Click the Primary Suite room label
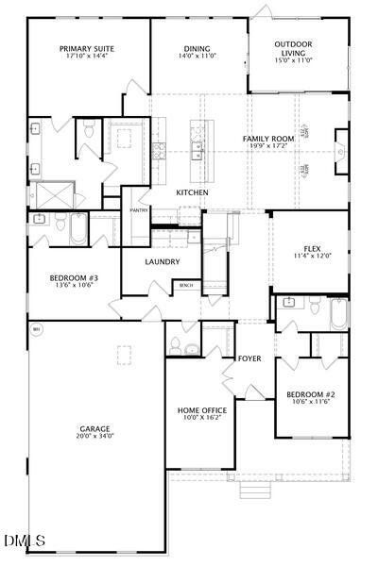pos(87,48)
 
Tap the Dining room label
pos(198,48)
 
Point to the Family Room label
pos(268,139)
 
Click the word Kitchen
pos(193,192)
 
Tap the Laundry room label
pos(163,261)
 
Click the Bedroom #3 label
pos(73,277)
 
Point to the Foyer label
pos(249,358)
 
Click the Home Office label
pos(202,410)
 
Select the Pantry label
pos(136,210)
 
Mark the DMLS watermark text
pos(25,540)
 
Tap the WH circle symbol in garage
pos(37,329)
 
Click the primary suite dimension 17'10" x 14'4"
pos(87,57)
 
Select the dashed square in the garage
pos(124,354)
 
